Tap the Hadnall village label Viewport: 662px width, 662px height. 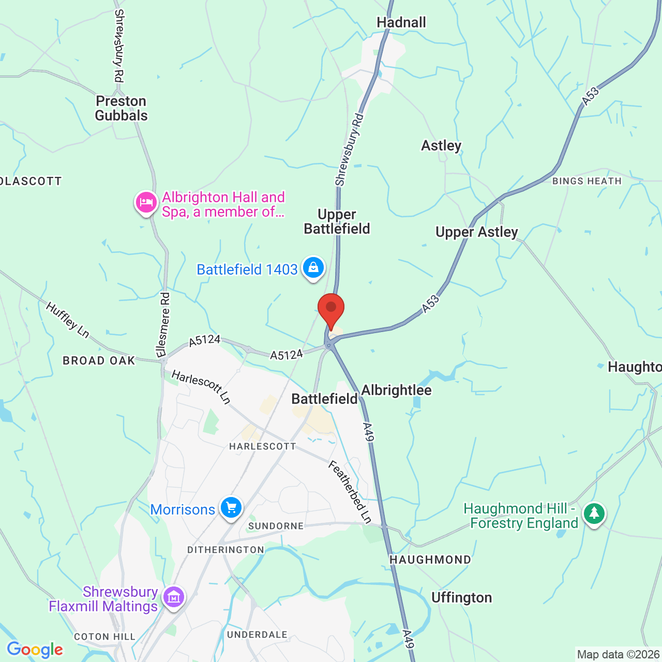pos(401,23)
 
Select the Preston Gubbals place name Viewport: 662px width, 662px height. pos(122,108)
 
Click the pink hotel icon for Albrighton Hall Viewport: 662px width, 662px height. pos(146,202)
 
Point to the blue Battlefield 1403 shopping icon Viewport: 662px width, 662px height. pos(313,268)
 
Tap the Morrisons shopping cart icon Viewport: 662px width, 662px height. pos(231,508)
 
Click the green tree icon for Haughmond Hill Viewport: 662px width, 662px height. pos(594,514)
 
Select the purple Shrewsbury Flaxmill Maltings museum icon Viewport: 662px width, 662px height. pos(174,597)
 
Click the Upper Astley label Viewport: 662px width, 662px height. pos(476,232)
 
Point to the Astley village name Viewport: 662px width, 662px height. pos(441,146)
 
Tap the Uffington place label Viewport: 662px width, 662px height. pos(461,598)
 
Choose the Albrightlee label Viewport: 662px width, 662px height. pos(396,390)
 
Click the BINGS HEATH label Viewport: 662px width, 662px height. pos(586,181)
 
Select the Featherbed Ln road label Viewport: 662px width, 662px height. pos(350,492)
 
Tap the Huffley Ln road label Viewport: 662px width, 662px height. pos(67,320)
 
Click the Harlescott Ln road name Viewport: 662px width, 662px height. pos(201,387)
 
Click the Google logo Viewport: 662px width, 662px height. pos(35,650)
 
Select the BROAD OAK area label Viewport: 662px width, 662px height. pos(99,360)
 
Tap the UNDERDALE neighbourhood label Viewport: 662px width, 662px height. pos(257,635)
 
